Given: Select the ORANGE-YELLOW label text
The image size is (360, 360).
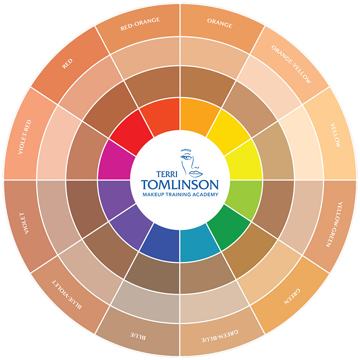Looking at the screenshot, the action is pos(291,63).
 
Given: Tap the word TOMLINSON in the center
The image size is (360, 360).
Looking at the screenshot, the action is pos(180,182).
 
